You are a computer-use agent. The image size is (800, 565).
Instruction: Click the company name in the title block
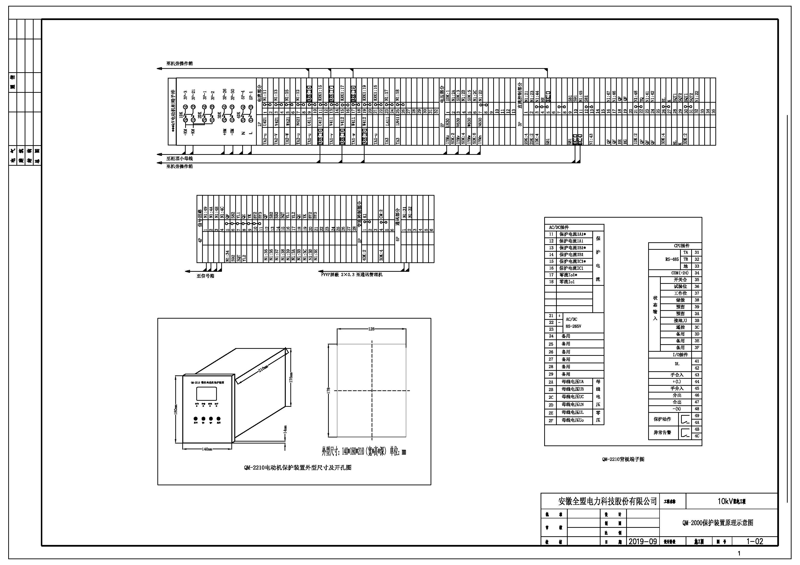click(x=607, y=501)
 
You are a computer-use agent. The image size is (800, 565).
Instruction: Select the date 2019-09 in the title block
click(x=643, y=541)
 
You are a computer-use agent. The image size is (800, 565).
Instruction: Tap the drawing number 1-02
click(x=754, y=541)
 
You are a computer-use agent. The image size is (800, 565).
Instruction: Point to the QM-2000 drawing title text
click(x=718, y=522)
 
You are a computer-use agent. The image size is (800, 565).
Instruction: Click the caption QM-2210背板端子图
click(x=623, y=459)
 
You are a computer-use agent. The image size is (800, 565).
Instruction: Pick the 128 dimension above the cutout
click(x=371, y=329)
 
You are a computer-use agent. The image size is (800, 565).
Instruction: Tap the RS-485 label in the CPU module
click(x=672, y=259)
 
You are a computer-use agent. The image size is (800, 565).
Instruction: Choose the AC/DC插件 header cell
click(x=559, y=227)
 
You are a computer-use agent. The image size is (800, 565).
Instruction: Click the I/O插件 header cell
click(x=680, y=354)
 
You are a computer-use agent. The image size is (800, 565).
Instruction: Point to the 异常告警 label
click(x=662, y=433)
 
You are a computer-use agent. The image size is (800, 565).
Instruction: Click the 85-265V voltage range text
click(x=573, y=326)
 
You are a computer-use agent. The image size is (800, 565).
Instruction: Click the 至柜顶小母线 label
click(x=179, y=158)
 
